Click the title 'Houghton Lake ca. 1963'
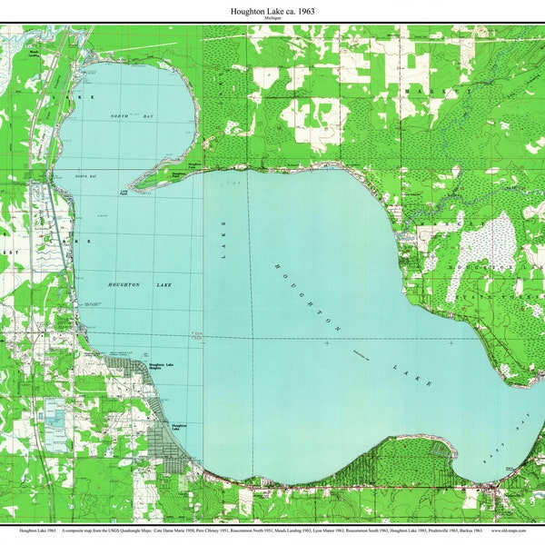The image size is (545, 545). (x=272, y=10)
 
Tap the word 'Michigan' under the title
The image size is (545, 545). (x=272, y=18)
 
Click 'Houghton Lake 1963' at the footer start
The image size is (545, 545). (x=34, y=528)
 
